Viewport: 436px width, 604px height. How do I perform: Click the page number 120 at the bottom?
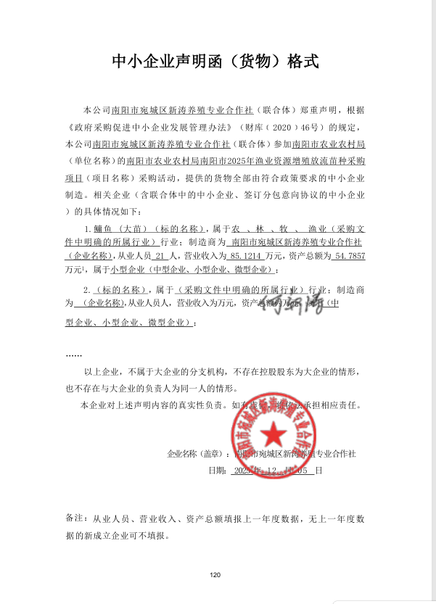[x=215, y=575]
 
